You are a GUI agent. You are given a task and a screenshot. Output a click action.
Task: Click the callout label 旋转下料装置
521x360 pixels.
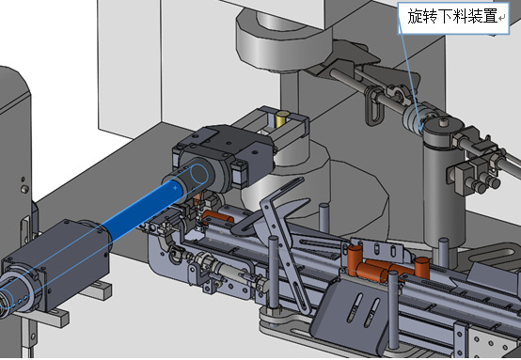(x=452, y=16)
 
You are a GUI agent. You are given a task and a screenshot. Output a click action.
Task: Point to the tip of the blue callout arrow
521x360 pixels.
(x=420, y=132)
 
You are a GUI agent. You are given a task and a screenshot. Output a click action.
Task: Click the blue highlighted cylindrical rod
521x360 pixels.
(x=139, y=204)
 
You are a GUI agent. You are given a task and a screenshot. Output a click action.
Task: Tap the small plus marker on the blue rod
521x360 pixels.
(x=176, y=188)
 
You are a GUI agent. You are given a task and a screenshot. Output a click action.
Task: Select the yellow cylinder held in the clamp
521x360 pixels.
(x=282, y=119)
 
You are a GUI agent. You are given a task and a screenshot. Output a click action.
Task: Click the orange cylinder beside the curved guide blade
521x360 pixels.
(x=218, y=217)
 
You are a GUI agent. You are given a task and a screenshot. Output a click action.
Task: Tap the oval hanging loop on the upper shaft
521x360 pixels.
(x=373, y=105)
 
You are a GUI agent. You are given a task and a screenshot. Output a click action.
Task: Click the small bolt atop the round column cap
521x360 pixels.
(x=442, y=123)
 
